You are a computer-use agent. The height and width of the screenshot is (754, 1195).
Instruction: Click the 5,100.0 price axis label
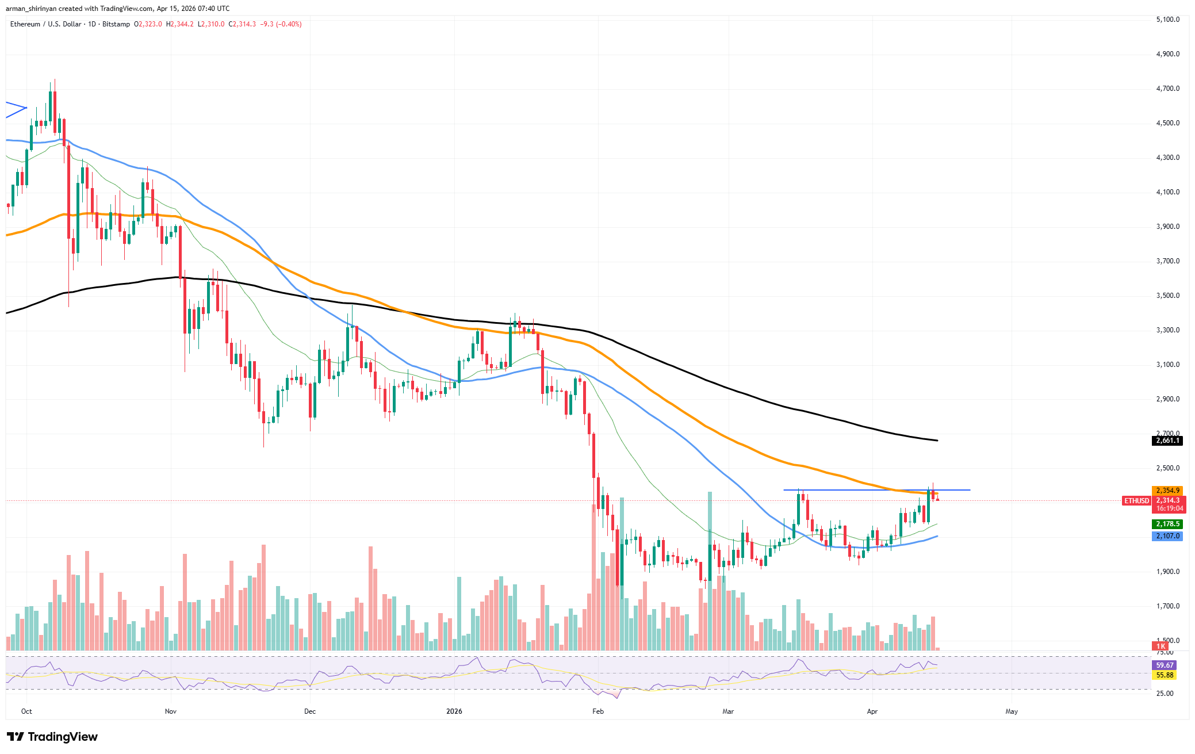pyautogui.click(x=1167, y=20)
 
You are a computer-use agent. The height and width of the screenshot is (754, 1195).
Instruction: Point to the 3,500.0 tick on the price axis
pyautogui.click(x=1167, y=296)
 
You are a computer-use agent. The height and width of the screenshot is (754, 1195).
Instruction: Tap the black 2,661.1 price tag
pyautogui.click(x=1167, y=441)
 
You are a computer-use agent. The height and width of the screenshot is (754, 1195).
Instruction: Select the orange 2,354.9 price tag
pyautogui.click(x=1167, y=491)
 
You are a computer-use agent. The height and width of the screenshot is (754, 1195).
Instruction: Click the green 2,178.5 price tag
pyautogui.click(x=1167, y=524)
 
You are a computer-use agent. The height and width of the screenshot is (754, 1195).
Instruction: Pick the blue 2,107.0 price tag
pyautogui.click(x=1167, y=536)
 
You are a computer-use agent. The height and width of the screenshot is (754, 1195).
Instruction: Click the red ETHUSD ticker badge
pyautogui.click(x=1136, y=501)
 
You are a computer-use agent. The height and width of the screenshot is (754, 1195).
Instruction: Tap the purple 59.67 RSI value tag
pyautogui.click(x=1165, y=665)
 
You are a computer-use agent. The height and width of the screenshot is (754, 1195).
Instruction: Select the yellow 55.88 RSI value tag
pyautogui.click(x=1165, y=675)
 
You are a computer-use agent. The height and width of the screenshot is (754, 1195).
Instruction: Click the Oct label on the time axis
pyautogui.click(x=26, y=711)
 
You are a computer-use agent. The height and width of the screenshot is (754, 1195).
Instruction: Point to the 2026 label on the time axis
pyautogui.click(x=454, y=711)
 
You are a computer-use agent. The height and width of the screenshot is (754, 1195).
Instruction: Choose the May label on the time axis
pyautogui.click(x=1012, y=711)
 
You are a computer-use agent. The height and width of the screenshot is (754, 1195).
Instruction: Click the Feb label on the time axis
pyautogui.click(x=598, y=711)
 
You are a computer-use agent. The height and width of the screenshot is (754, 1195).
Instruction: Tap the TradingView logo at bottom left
pyautogui.click(x=52, y=737)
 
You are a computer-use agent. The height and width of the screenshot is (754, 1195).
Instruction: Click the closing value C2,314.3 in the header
pyautogui.click(x=242, y=24)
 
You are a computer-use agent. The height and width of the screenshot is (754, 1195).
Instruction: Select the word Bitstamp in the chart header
pyautogui.click(x=116, y=24)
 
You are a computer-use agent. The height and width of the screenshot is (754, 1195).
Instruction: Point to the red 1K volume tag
pyautogui.click(x=1161, y=646)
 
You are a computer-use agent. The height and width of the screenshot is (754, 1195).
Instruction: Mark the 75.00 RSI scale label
pyautogui.click(x=1165, y=652)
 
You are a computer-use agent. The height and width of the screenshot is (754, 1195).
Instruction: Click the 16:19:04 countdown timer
pyautogui.click(x=1170, y=508)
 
